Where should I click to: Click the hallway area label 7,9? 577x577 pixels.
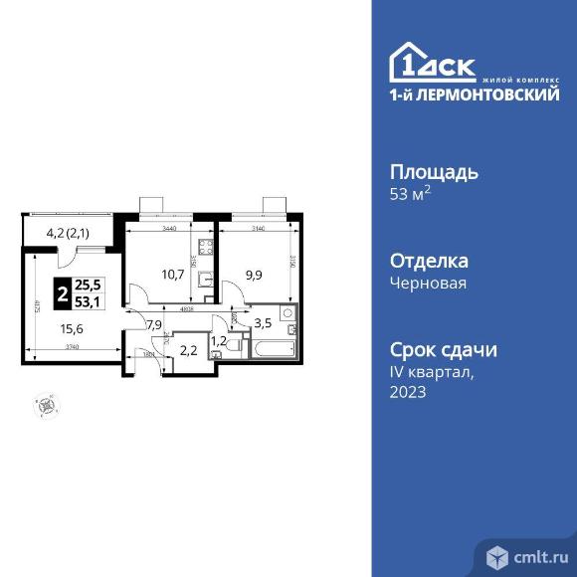(154, 323)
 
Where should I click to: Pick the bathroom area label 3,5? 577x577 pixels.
(263, 323)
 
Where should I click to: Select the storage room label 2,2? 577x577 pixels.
(186, 348)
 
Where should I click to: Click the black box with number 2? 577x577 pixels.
(63, 294)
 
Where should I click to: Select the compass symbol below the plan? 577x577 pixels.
(45, 405)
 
